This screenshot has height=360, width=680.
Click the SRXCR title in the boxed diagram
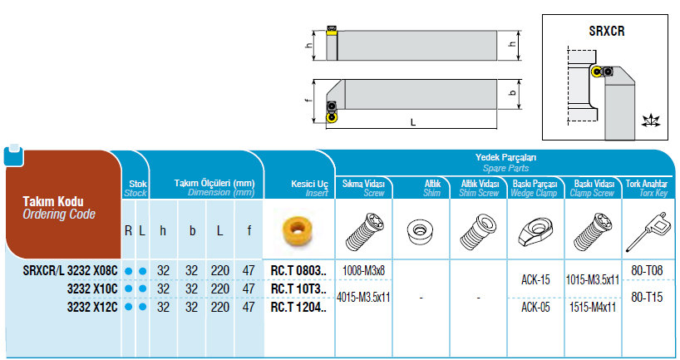(x=606, y=32)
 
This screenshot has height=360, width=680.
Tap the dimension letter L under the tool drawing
(x=413, y=123)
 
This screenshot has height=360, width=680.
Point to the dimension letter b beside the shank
(x=513, y=93)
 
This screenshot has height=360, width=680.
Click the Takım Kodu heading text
(x=53, y=201)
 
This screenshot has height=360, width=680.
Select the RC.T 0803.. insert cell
(x=298, y=271)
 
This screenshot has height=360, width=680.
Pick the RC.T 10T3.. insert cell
(x=298, y=288)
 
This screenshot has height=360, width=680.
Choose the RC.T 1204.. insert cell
(x=298, y=307)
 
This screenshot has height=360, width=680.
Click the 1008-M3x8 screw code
(x=363, y=271)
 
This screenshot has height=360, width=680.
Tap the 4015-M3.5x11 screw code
(x=363, y=297)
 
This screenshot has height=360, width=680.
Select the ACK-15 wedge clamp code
(x=535, y=279)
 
